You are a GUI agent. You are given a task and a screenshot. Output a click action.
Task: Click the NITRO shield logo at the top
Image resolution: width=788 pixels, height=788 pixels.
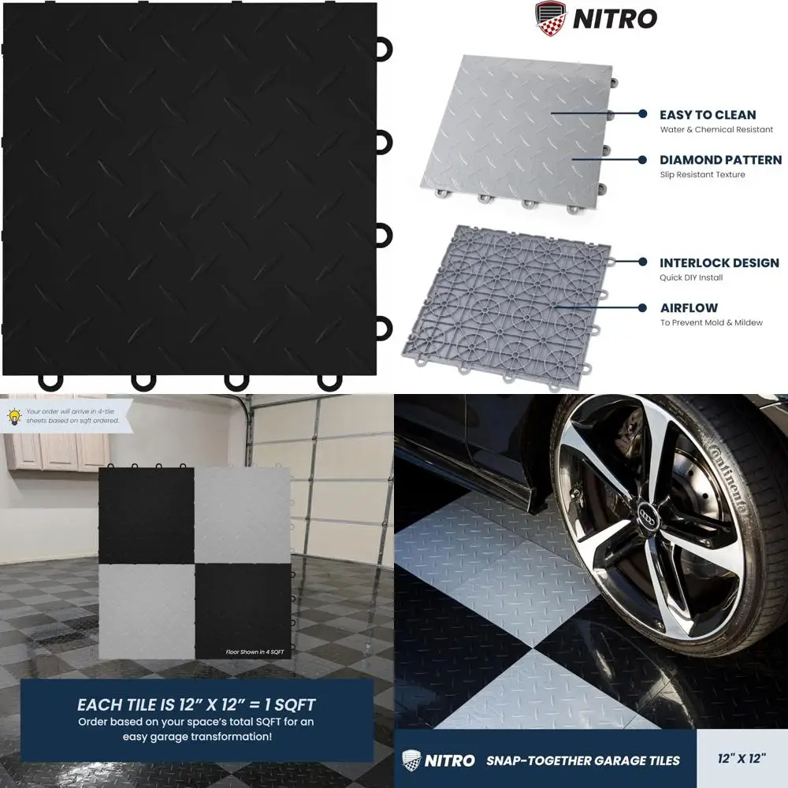point(551,17)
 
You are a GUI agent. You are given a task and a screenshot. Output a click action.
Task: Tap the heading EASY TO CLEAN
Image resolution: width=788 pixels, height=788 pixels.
point(708,115)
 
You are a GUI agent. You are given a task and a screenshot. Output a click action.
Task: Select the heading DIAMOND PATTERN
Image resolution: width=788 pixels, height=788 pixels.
point(720,160)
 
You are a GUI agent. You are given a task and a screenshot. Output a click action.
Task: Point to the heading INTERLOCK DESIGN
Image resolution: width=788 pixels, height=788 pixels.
point(719,262)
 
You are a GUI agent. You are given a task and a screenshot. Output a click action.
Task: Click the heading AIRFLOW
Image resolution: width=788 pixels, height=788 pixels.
point(689,308)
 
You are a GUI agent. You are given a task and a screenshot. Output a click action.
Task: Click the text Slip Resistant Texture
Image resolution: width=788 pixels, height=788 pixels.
point(702,175)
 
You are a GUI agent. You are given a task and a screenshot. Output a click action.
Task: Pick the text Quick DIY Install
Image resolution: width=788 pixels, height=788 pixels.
point(691,277)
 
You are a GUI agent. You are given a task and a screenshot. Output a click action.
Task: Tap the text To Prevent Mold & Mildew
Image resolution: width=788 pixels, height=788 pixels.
point(711,323)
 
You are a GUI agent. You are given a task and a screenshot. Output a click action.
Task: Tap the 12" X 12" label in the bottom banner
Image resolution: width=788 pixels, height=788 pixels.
point(742,760)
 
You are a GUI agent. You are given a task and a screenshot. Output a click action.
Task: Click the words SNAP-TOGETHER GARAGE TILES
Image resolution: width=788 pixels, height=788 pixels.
point(583,760)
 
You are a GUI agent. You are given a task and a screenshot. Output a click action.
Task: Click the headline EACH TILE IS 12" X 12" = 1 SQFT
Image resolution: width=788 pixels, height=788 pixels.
point(196,704)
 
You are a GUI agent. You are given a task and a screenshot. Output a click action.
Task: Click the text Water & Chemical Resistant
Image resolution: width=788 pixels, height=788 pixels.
point(716,130)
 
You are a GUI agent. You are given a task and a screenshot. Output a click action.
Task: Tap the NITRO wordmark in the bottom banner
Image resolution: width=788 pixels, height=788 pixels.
point(449,760)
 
